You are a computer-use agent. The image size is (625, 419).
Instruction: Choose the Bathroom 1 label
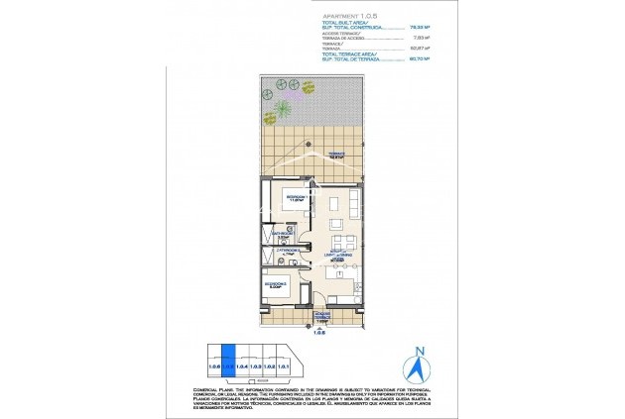pyautogui.click(x=282, y=237)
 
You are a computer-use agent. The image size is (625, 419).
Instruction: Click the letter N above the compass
pyautogui.click(x=418, y=350)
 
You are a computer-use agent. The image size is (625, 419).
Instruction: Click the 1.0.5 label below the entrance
pyautogui.click(x=320, y=333)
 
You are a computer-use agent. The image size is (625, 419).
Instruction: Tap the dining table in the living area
pyautogui.click(x=342, y=243)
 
